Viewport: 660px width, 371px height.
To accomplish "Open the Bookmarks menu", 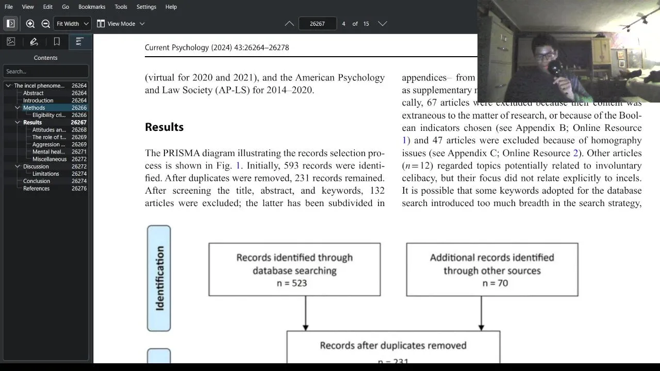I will (x=92, y=7).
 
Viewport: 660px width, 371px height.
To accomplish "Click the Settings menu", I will (x=146, y=7).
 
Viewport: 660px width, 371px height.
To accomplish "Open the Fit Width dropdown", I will (x=72, y=24).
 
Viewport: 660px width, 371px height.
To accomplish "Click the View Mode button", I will (x=121, y=24).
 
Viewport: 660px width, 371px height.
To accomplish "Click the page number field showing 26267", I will (x=317, y=24).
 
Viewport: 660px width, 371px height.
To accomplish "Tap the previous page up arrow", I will (x=289, y=24).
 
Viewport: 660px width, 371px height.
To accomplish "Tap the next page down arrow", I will (x=382, y=24).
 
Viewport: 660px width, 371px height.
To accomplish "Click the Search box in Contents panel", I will (x=45, y=72).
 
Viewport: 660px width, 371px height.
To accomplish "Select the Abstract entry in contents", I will (x=34, y=93).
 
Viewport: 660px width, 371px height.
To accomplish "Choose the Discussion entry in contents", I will (x=36, y=166).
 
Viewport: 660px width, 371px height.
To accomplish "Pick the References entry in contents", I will (x=37, y=189).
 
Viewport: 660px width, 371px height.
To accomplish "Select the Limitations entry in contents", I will (x=46, y=174).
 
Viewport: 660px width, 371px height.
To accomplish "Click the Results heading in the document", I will (x=164, y=127).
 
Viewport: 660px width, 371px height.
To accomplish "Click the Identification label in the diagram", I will (x=159, y=278).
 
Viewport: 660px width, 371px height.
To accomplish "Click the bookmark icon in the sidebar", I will (x=57, y=42).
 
